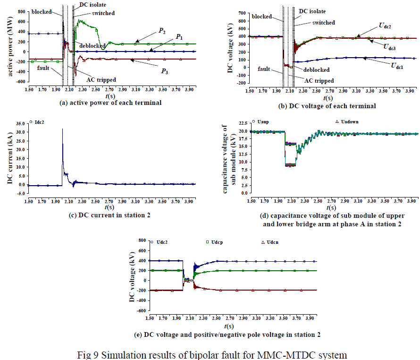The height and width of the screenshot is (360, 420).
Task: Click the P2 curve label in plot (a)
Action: (x=162, y=31)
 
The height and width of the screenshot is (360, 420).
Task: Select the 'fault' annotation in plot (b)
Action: (x=264, y=69)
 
